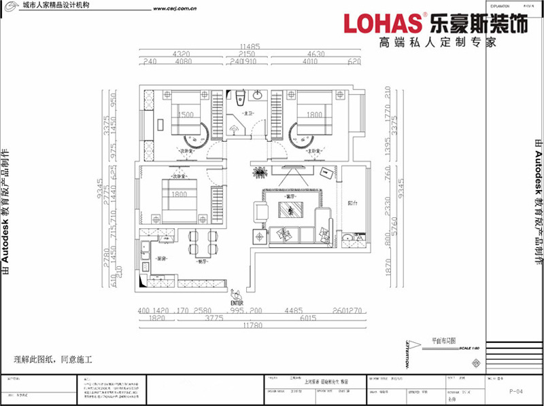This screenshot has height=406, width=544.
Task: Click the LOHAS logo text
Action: coord(383,23)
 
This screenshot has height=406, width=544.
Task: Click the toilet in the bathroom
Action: coord(243,98)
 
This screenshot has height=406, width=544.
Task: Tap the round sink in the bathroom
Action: coord(259,96)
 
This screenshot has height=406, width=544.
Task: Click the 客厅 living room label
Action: coord(292,197)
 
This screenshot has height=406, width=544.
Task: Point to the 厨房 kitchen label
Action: coord(162,259)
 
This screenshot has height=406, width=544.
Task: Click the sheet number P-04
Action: coord(515,392)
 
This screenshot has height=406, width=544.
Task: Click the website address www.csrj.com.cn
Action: coord(175,10)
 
